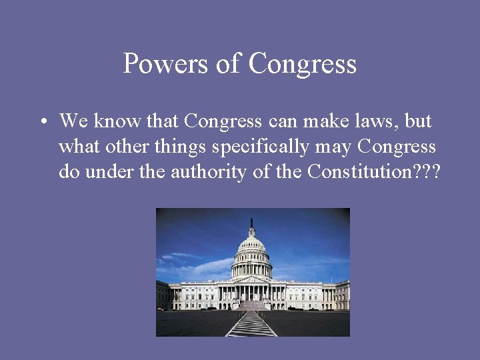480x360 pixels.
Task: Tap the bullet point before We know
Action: click(42, 123)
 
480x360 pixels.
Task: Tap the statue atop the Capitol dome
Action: click(252, 222)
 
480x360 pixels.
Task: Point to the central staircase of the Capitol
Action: click(251, 305)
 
